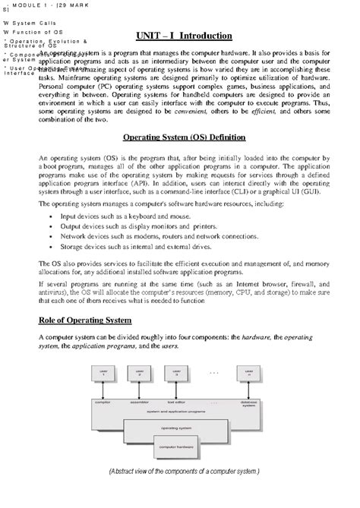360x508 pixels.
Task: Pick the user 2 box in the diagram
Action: click(140, 374)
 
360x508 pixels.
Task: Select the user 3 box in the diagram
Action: click(177, 374)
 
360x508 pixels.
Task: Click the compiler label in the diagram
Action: click(103, 402)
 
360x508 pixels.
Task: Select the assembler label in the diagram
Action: click(140, 402)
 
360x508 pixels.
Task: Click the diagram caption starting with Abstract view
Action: click(184, 471)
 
